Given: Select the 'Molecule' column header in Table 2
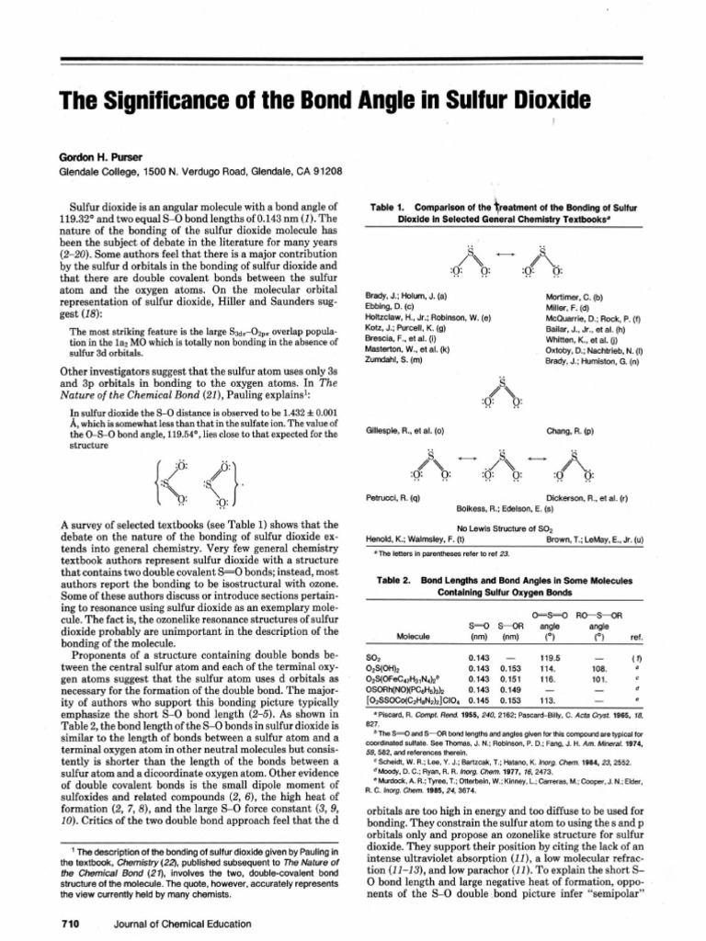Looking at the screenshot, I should click(x=413, y=636).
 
